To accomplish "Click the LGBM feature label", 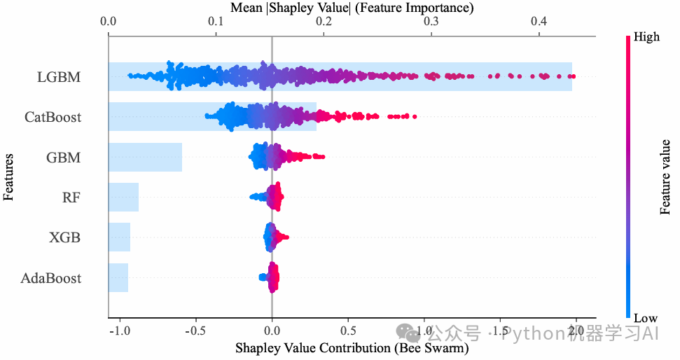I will [59, 77].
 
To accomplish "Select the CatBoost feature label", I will [53, 117].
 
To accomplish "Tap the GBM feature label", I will [64, 158].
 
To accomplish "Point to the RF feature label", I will [71, 198].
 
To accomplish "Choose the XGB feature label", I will [64, 237].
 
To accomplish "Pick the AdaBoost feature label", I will [51, 278].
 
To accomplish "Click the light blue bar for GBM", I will [145, 158].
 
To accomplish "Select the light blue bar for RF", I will [123, 198].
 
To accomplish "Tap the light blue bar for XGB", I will [119, 237].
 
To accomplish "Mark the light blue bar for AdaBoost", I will [118, 278].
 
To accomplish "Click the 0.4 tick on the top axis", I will [539, 22].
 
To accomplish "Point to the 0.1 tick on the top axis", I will [216, 22].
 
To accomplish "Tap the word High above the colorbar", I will [646, 36].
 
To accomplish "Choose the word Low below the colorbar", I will [645, 319].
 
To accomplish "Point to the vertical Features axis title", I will [8, 177].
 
